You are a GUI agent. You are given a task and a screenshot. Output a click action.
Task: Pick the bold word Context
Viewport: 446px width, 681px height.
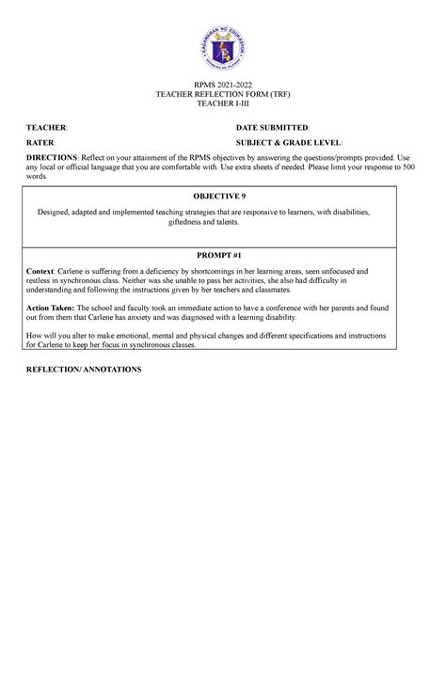coord(43,270)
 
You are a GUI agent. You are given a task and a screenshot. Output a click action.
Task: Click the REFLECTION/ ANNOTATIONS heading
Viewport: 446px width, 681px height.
coord(84,370)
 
